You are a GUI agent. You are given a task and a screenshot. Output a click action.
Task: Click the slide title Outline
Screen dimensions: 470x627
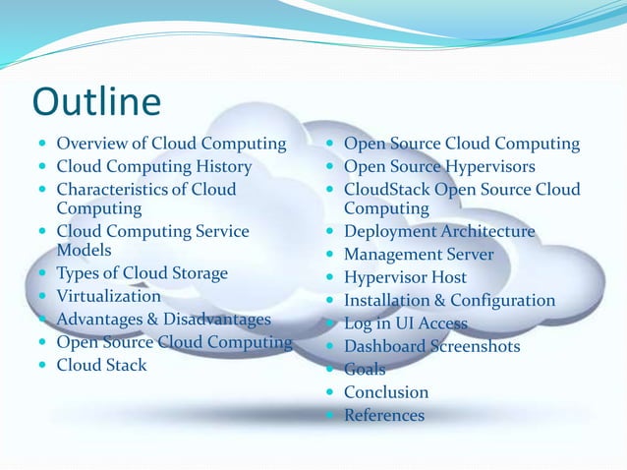(96, 101)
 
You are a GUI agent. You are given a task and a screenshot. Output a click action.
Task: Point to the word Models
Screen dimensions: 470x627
(85, 250)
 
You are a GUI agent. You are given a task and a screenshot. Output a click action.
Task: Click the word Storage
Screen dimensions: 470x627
(193, 273)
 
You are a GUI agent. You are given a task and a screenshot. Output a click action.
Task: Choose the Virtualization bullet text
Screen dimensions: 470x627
(108, 296)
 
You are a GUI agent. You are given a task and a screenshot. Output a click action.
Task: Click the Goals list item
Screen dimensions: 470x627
(365, 370)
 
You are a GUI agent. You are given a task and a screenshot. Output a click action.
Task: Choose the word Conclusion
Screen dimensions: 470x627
(386, 392)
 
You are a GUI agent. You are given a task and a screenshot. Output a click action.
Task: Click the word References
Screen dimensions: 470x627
(384, 416)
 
